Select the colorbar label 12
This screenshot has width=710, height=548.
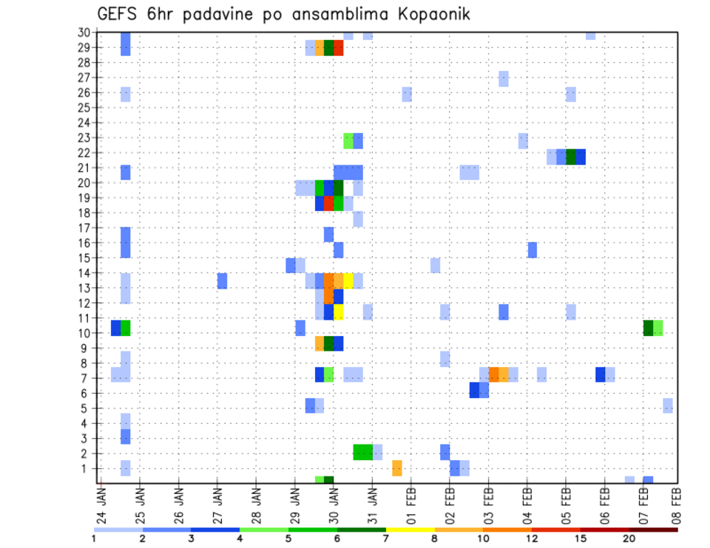[532, 538]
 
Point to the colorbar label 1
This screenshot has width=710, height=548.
[94, 538]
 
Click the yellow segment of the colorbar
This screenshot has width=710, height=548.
[410, 529]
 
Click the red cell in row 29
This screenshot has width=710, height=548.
[339, 48]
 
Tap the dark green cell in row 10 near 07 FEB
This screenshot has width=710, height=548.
[648, 328]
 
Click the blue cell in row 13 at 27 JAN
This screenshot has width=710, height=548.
[222, 281]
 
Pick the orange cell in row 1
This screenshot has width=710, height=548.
[397, 467]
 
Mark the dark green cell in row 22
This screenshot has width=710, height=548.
[571, 157]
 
